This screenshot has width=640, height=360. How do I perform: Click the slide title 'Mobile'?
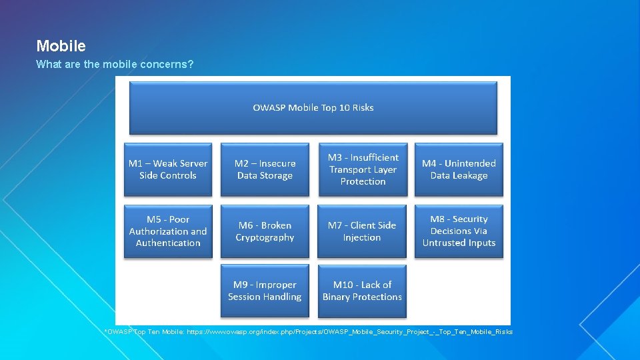pyautogui.click(x=61, y=46)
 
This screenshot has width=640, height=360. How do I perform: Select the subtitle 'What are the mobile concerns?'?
pyautogui.click(x=115, y=65)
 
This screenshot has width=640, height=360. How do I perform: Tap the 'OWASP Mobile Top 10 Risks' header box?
pyautogui.click(x=313, y=108)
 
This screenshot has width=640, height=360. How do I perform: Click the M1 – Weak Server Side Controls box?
pyautogui.click(x=168, y=169)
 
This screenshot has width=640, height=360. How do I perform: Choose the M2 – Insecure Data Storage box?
pyautogui.click(x=265, y=169)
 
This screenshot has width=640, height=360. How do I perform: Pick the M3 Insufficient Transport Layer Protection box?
pyautogui.click(x=363, y=169)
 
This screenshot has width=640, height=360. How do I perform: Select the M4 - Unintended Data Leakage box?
pyautogui.click(x=459, y=169)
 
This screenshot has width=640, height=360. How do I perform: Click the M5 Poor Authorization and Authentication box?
pyautogui.click(x=168, y=231)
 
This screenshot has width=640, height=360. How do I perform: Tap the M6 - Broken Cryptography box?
pyautogui.click(x=265, y=231)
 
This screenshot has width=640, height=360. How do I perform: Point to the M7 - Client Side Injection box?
pyautogui.click(x=362, y=231)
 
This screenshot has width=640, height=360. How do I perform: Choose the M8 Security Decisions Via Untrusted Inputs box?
pyautogui.click(x=459, y=231)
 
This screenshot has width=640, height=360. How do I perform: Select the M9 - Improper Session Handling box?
pyautogui.click(x=265, y=291)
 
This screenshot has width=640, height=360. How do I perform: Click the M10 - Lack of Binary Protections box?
pyautogui.click(x=362, y=291)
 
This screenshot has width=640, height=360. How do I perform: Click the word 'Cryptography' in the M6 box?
pyautogui.click(x=265, y=238)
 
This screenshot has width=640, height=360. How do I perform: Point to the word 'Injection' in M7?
pyautogui.click(x=362, y=238)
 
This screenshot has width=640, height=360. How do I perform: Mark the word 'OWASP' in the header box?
pyautogui.click(x=269, y=108)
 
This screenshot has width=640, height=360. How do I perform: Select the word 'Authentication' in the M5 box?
pyautogui.click(x=168, y=243)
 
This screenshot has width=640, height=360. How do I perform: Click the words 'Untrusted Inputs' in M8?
pyautogui.click(x=459, y=243)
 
